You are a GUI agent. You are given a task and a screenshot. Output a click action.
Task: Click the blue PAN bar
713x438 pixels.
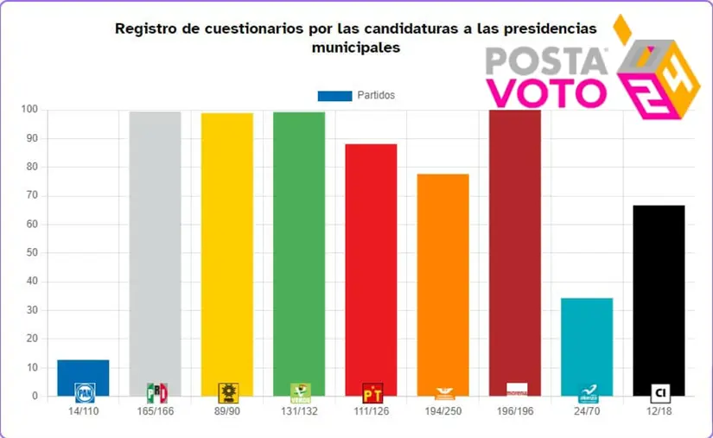pyautogui.click(x=83, y=378)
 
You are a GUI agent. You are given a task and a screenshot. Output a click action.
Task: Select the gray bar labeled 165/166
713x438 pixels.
pyautogui.click(x=156, y=251)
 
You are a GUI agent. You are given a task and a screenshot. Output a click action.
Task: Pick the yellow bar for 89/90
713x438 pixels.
pyautogui.click(x=227, y=251)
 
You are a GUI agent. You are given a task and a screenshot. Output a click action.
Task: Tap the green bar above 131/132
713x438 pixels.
pyautogui.click(x=299, y=251)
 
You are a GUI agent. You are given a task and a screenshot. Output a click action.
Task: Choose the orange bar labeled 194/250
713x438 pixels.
pyautogui.click(x=442, y=285)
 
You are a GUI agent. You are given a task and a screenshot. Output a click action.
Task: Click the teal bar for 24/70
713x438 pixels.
pyautogui.click(x=587, y=346)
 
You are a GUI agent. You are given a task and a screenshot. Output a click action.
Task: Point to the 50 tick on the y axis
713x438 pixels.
pyautogui.click(x=32, y=253)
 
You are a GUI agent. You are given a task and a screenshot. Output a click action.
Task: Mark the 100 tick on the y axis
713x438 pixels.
pyautogui.click(x=29, y=110)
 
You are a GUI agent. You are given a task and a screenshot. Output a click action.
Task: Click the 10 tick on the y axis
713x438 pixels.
pyautogui.click(x=32, y=368)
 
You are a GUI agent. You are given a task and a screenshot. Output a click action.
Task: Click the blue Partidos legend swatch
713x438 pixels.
pyautogui.click(x=334, y=96)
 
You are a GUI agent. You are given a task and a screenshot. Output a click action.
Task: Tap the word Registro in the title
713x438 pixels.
pyautogui.click(x=143, y=29)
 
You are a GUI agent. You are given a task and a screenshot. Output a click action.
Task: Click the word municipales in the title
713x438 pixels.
pyautogui.click(x=356, y=48)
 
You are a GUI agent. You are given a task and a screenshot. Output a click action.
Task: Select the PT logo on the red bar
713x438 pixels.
pyautogui.click(x=372, y=394)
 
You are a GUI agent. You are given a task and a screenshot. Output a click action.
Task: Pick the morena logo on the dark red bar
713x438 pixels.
pyautogui.click(x=516, y=390)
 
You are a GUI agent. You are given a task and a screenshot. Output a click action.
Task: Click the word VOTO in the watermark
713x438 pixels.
pyautogui.click(x=546, y=92)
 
